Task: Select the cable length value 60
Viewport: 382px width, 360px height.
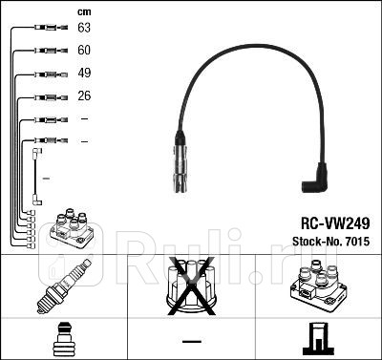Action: pos(84,51)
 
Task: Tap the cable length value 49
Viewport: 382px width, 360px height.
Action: pos(84,74)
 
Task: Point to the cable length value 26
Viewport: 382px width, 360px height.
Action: pos(84,96)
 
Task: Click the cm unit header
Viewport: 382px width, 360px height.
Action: pos(83,11)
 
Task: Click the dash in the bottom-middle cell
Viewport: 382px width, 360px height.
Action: pos(192,341)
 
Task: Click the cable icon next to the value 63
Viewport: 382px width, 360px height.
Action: pos(48,29)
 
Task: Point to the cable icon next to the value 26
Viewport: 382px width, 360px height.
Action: pos(48,96)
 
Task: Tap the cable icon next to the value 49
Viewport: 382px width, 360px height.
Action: pos(48,74)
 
